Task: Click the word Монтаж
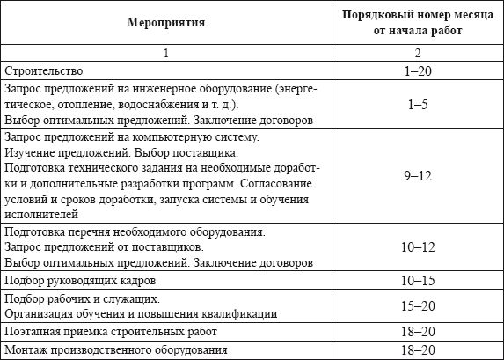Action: pos(26,350)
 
